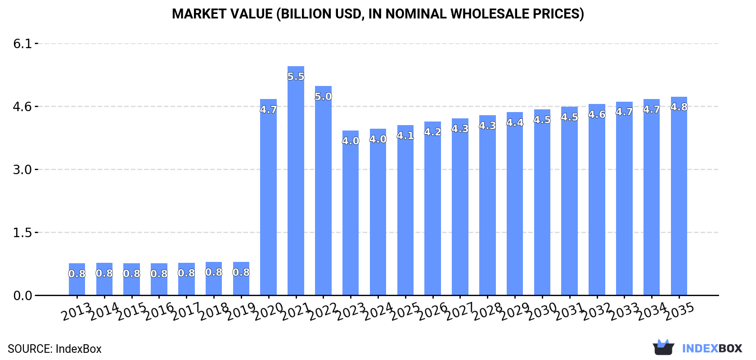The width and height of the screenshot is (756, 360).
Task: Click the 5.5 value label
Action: (296, 76)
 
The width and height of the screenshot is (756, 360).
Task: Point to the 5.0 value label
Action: (323, 96)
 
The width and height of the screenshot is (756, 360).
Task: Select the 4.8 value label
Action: (679, 107)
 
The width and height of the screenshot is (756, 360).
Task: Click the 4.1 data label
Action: (405, 135)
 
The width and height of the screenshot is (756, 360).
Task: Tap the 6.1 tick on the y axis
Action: (22, 44)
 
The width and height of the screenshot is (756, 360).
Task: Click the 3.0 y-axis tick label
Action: (22, 170)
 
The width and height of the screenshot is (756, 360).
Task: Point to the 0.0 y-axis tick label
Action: (22, 296)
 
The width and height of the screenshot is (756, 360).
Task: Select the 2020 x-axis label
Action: (268, 311)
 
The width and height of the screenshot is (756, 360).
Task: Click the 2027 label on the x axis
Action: (460, 311)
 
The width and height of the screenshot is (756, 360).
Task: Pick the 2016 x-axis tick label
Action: (159, 311)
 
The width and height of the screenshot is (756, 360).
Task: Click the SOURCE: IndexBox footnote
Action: (54, 349)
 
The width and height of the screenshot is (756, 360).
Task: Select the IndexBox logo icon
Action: (663, 347)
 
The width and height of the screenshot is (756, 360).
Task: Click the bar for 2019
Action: (241, 283)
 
